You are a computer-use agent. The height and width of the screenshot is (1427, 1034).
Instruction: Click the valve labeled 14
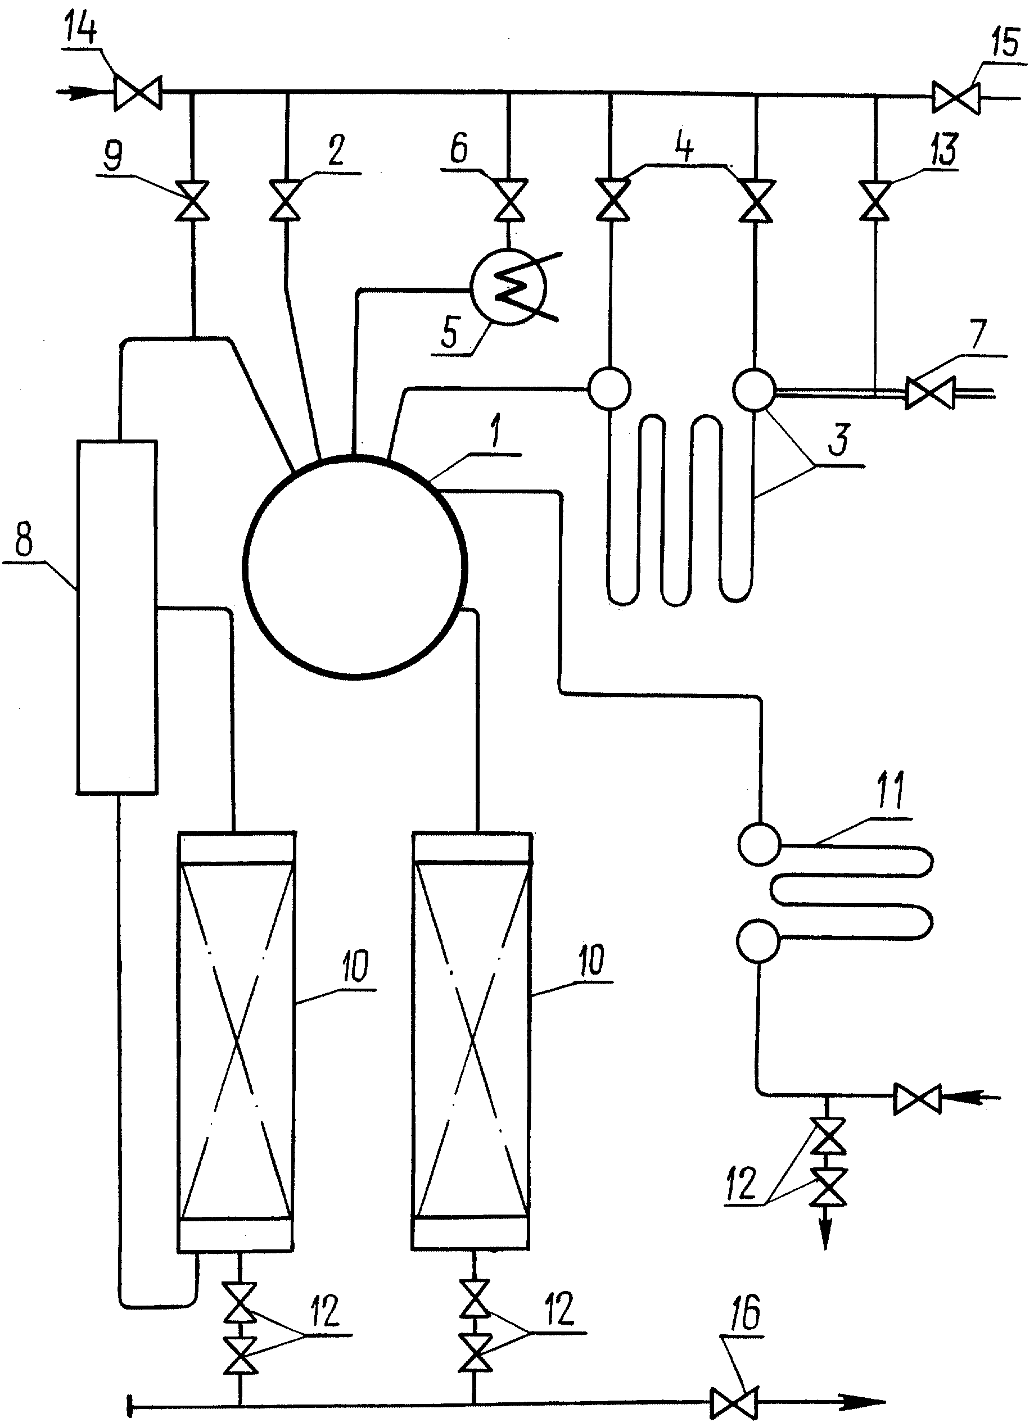138,93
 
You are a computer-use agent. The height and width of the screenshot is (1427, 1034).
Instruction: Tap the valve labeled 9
192,200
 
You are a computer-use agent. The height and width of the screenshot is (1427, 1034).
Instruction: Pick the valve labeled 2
286,200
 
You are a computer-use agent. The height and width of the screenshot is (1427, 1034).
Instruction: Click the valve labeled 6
509,200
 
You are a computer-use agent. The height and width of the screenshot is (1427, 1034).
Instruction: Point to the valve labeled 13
875,200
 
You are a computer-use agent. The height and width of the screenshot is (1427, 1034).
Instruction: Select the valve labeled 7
930,393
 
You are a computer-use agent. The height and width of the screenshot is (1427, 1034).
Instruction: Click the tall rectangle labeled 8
117,617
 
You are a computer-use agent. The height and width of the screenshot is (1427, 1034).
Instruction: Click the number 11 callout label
891,790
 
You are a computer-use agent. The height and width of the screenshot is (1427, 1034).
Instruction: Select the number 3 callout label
839,439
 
